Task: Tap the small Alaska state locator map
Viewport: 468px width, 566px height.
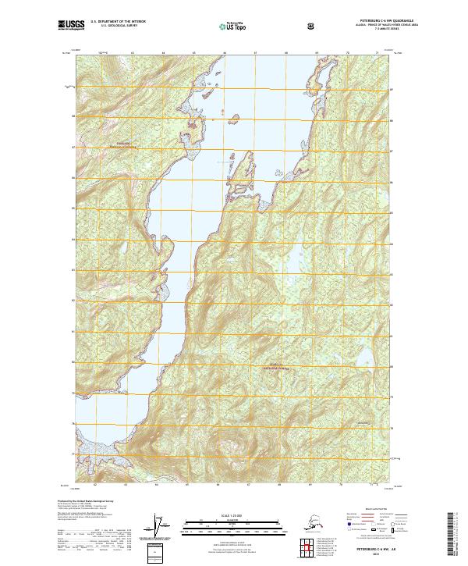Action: [x=310, y=521]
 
